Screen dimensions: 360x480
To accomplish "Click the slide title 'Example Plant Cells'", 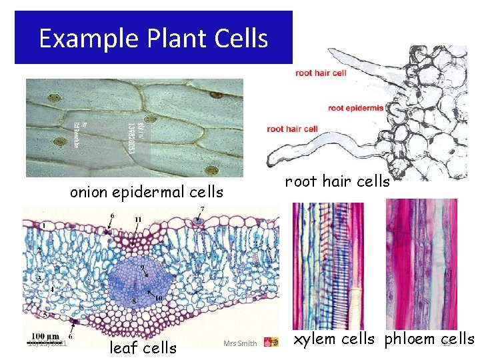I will pyautogui.click(x=153, y=38).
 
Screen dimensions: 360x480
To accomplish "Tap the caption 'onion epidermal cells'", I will pyautogui.click(x=147, y=193).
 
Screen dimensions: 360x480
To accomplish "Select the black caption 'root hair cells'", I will pyautogui.click(x=337, y=181).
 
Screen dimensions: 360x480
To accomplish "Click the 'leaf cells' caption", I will pyautogui.click(x=143, y=347).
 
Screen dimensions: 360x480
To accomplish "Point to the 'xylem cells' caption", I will pyautogui.click(x=335, y=339).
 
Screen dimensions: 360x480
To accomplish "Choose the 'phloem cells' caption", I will pyautogui.click(x=429, y=339).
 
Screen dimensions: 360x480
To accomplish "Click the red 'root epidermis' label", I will pyautogui.click(x=355, y=107).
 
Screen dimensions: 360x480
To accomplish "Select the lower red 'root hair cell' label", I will pyautogui.click(x=292, y=129).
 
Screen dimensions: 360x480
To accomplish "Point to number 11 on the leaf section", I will pyautogui.click(x=138, y=219).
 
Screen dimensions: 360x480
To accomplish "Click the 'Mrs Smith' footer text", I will pyautogui.click(x=240, y=343).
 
